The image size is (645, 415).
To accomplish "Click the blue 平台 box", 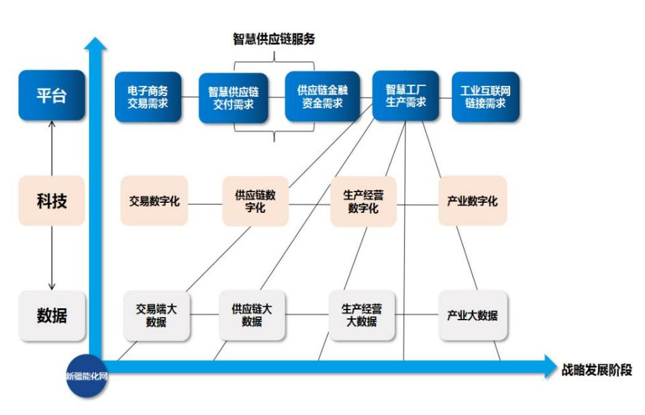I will (x=52, y=96).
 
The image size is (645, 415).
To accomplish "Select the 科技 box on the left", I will (x=52, y=200).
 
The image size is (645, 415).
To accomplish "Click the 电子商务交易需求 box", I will (x=147, y=97).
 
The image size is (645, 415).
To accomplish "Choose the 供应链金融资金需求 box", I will (x=320, y=97).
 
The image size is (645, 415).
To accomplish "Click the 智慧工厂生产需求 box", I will (x=405, y=95).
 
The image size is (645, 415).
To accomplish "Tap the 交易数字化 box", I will (x=154, y=201).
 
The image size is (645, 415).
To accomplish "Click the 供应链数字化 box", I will (x=255, y=201).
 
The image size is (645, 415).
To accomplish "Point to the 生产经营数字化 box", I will (x=363, y=201).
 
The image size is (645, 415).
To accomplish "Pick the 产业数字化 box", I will (x=472, y=201).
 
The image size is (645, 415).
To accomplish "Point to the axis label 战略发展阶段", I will (x=596, y=370).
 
